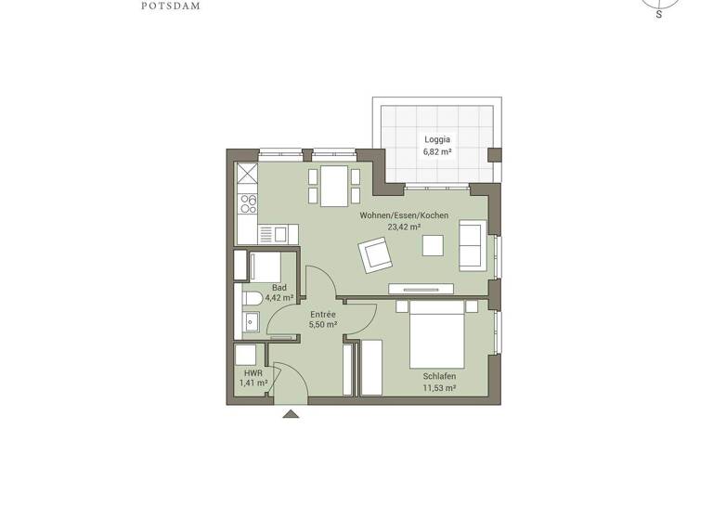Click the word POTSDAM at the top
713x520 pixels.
(171, 6)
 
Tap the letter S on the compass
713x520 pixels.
(659, 15)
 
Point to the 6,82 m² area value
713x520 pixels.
(437, 150)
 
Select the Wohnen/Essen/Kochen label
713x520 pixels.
(404, 215)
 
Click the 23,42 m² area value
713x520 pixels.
(404, 227)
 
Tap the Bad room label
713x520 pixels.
(279, 288)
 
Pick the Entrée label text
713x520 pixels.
(322, 315)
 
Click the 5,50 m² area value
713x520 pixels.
(322, 326)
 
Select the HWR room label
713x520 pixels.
(253, 372)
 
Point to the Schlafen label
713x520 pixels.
(439, 376)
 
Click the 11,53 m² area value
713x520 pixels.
(439, 387)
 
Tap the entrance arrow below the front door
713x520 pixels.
(291, 413)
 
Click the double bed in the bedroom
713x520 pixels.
(436, 337)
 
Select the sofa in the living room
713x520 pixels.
(472, 246)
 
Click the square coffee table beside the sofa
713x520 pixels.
(433, 244)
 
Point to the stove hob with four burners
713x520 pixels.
(248, 202)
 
